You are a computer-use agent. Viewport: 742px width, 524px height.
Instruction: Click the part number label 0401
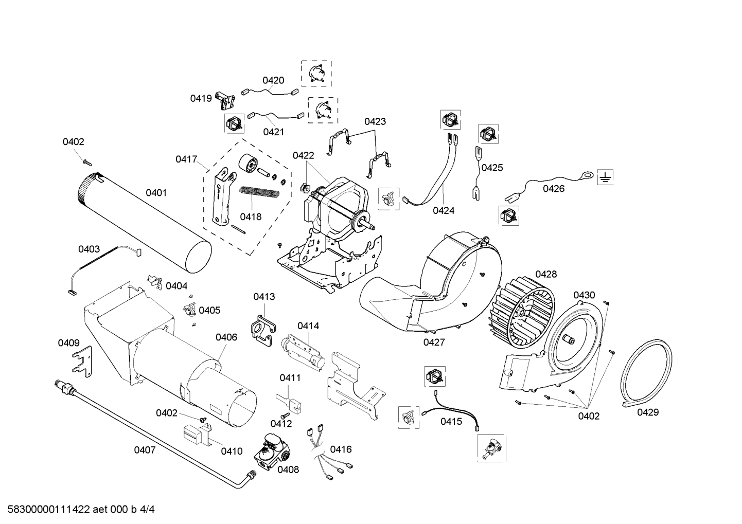tap(156, 193)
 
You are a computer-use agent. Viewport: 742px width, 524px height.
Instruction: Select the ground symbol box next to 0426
tap(606, 178)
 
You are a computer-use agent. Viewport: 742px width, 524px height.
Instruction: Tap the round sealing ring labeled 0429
tap(647, 372)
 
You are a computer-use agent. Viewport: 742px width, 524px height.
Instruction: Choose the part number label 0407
tap(145, 450)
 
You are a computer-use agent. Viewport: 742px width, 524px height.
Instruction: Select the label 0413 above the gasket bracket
tap(264, 297)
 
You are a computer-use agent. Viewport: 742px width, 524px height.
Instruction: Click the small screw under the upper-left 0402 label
tap(86, 162)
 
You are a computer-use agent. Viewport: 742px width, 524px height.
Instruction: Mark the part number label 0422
tap(303, 155)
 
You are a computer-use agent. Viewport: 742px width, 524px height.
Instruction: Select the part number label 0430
tap(584, 295)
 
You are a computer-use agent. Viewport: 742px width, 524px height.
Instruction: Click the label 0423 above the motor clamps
tap(375, 121)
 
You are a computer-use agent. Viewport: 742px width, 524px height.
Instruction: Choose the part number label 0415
tap(451, 422)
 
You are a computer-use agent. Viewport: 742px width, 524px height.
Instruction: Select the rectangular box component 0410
tap(195, 435)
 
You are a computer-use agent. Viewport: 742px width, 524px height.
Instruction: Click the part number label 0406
tap(226, 337)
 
